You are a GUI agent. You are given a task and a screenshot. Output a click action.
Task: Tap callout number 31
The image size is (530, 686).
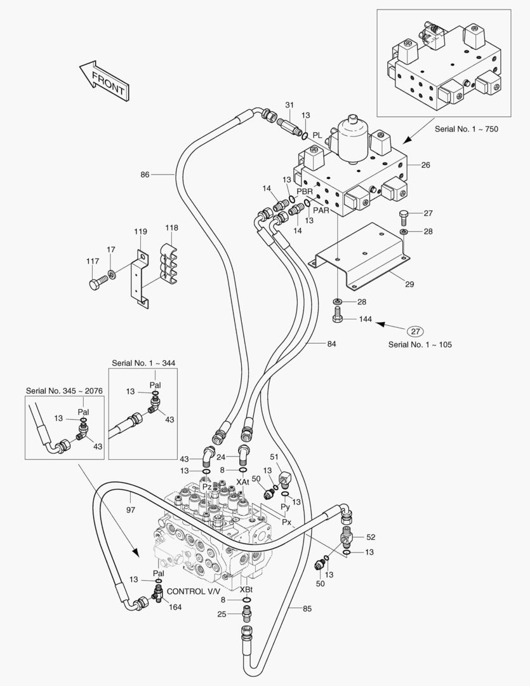pyautogui.click(x=289, y=105)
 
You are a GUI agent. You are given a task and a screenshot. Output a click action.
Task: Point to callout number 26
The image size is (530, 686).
pyautogui.click(x=425, y=165)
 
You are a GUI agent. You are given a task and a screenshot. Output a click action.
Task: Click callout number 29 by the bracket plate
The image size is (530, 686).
pyautogui.click(x=409, y=284)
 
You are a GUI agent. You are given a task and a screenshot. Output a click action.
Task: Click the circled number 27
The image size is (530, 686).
pyautogui.click(x=415, y=331)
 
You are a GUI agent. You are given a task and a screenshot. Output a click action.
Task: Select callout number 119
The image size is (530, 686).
pyautogui.click(x=140, y=232)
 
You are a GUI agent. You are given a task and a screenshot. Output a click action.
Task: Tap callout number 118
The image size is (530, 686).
pyautogui.click(x=171, y=228)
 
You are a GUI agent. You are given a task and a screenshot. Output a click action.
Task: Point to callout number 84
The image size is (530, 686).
pyautogui.click(x=331, y=344)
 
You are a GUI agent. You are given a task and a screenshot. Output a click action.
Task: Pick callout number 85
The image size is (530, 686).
pyautogui.click(x=307, y=609)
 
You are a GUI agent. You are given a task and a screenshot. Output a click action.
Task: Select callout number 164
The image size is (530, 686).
pyautogui.click(x=175, y=607)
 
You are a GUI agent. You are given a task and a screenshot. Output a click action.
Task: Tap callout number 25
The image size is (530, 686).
pyautogui.click(x=222, y=614)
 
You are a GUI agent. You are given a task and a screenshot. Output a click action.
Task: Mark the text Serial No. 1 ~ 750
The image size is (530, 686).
pyautogui.click(x=467, y=129)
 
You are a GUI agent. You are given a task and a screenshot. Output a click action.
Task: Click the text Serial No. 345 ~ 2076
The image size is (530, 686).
pyautogui.click(x=64, y=390)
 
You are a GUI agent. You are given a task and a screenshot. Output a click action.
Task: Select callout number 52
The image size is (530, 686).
pyautogui.click(x=371, y=537)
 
